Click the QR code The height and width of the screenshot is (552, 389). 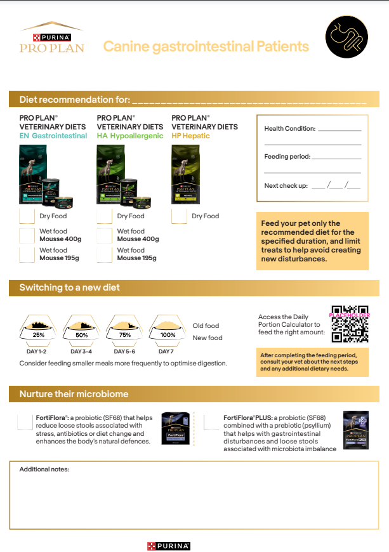pos(350,324)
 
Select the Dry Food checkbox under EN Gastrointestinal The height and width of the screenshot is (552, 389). pos(27,216)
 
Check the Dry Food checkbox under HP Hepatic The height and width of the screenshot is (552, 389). pos(179,216)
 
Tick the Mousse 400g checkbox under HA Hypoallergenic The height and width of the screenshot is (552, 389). pos(105,235)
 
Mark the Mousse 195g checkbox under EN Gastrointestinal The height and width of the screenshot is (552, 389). pos(27,254)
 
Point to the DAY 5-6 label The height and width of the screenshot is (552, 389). pos(125,351)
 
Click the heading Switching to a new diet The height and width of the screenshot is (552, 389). pos(69,287)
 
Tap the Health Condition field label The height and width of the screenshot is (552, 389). pos(289,129)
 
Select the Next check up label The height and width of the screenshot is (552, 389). pos(286,185)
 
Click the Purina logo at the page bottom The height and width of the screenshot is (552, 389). pos(169,546)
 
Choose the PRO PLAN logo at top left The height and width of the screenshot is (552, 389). pos(51,39)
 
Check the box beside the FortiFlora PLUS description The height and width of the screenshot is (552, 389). pos(211,422)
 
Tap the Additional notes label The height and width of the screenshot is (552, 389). pos(44,469)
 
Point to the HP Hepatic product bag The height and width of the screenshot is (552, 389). pos(185,174)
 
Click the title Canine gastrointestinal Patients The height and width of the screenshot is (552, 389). pos(206,46)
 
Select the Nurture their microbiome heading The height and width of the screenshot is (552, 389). pos(74,394)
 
